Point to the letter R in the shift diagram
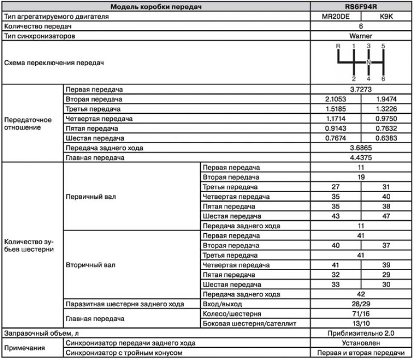point(338,47)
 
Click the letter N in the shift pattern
point(368,63)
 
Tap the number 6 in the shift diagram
point(383,79)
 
